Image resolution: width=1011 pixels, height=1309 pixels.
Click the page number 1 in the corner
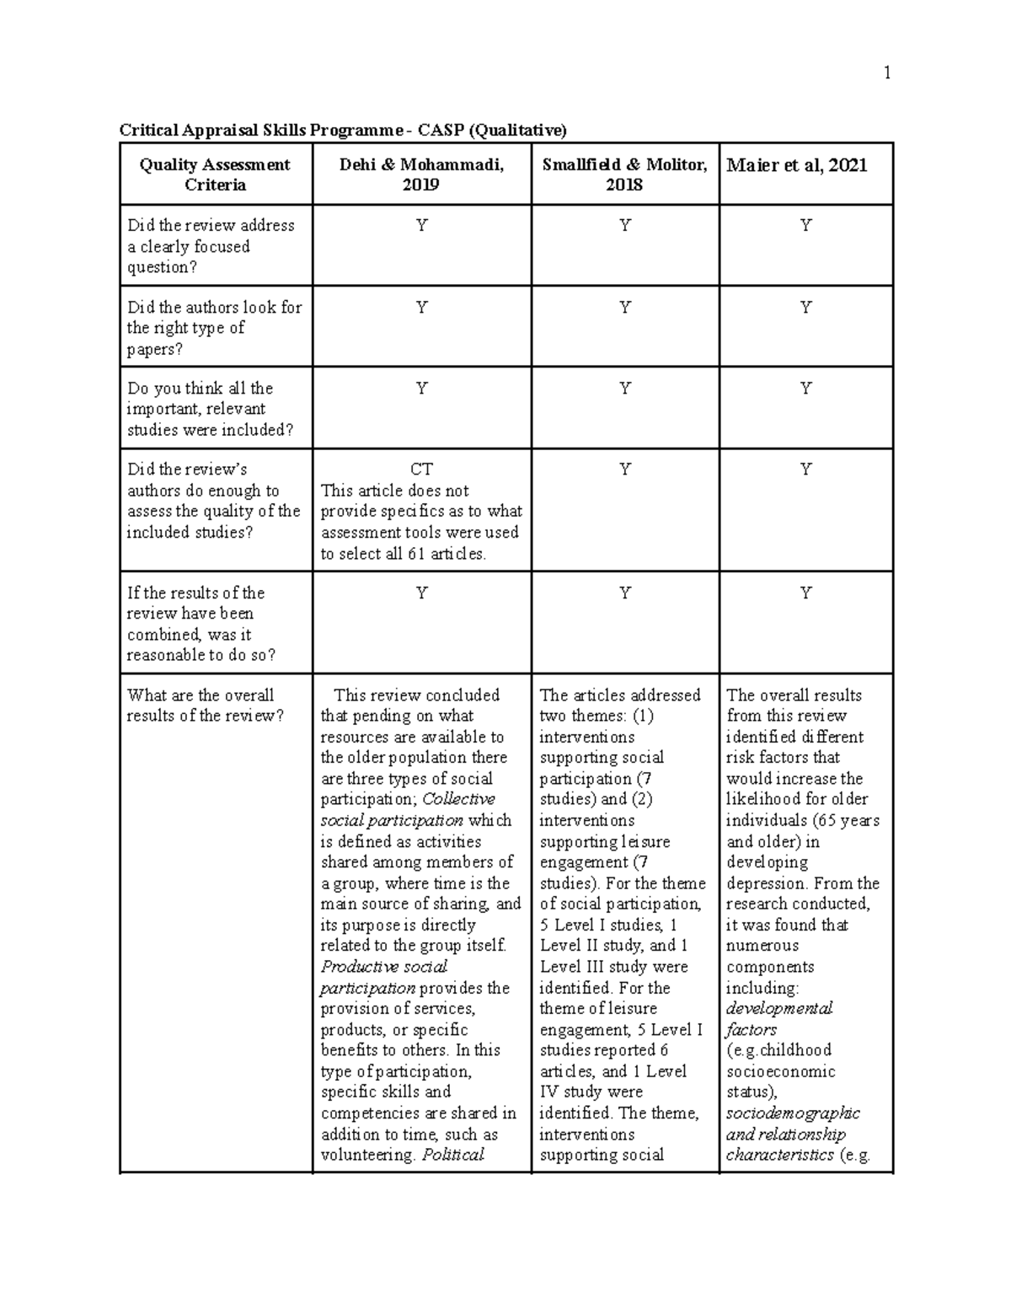pyautogui.click(x=886, y=73)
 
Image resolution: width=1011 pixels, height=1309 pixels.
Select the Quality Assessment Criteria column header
pyautogui.click(x=215, y=174)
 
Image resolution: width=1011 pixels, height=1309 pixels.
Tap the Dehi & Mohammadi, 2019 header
pyautogui.click(x=421, y=174)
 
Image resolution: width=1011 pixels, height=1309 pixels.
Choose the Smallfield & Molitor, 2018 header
pyautogui.click(x=624, y=174)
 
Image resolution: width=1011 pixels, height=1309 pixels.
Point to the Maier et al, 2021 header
pyautogui.click(x=796, y=165)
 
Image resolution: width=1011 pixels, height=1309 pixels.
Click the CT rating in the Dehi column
pyautogui.click(x=421, y=469)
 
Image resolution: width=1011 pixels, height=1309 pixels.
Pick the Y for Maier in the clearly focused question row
pyautogui.click(x=805, y=225)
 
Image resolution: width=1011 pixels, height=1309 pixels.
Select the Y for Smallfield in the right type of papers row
pyautogui.click(x=624, y=308)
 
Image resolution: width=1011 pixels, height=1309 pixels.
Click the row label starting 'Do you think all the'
pyautogui.click(x=201, y=389)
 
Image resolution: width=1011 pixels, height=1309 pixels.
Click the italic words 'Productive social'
pyautogui.click(x=383, y=967)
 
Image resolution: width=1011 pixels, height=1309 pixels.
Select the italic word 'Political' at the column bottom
pyautogui.click(x=453, y=1155)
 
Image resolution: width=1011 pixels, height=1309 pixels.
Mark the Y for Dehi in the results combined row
pyautogui.click(x=421, y=593)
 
